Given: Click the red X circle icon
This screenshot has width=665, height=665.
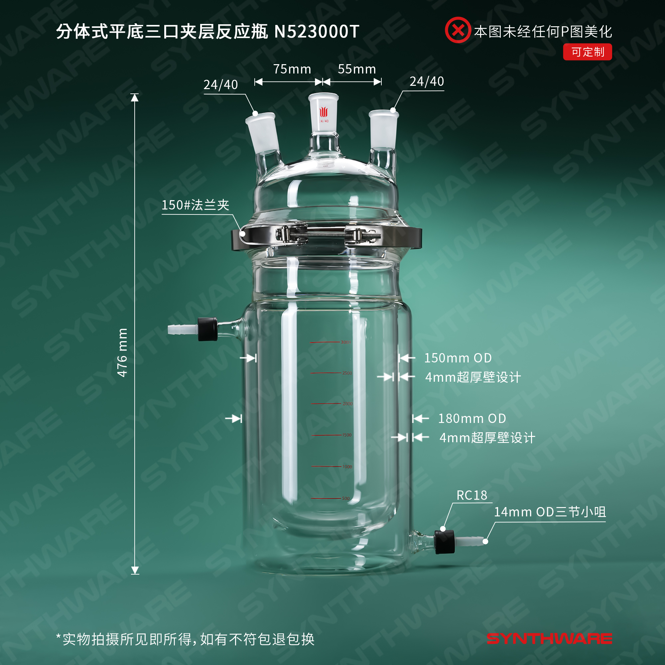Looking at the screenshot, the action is pyautogui.click(x=458, y=30).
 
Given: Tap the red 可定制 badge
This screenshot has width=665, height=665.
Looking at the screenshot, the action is pyautogui.click(x=587, y=52).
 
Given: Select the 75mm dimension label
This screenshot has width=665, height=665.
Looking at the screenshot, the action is pyautogui.click(x=292, y=69).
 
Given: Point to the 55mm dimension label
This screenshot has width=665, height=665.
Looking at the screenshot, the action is pyautogui.click(x=357, y=69).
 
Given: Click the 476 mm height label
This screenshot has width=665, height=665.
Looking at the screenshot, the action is pyautogui.click(x=122, y=352).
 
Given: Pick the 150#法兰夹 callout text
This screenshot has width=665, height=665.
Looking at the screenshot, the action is pyautogui.click(x=196, y=205).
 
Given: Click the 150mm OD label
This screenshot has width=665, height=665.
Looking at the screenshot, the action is pyautogui.click(x=458, y=358).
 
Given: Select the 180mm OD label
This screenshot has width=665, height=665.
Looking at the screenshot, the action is pyautogui.click(x=472, y=419).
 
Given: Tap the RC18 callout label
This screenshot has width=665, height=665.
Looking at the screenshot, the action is pyautogui.click(x=471, y=495).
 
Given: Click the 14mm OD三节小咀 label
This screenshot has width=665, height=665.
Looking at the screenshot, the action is pyautogui.click(x=550, y=512).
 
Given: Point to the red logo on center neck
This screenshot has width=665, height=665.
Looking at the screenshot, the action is pyautogui.click(x=324, y=112).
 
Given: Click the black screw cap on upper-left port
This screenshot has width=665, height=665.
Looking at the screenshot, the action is pyautogui.click(x=207, y=329).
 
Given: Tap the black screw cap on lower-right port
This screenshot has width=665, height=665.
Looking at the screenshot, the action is pyautogui.click(x=444, y=542).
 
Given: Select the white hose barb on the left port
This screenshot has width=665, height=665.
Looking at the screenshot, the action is pyautogui.click(x=183, y=329).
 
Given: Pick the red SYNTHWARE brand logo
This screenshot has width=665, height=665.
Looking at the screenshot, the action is pyautogui.click(x=549, y=639).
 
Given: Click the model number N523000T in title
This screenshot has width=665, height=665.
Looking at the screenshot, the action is pyautogui.click(x=317, y=32).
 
